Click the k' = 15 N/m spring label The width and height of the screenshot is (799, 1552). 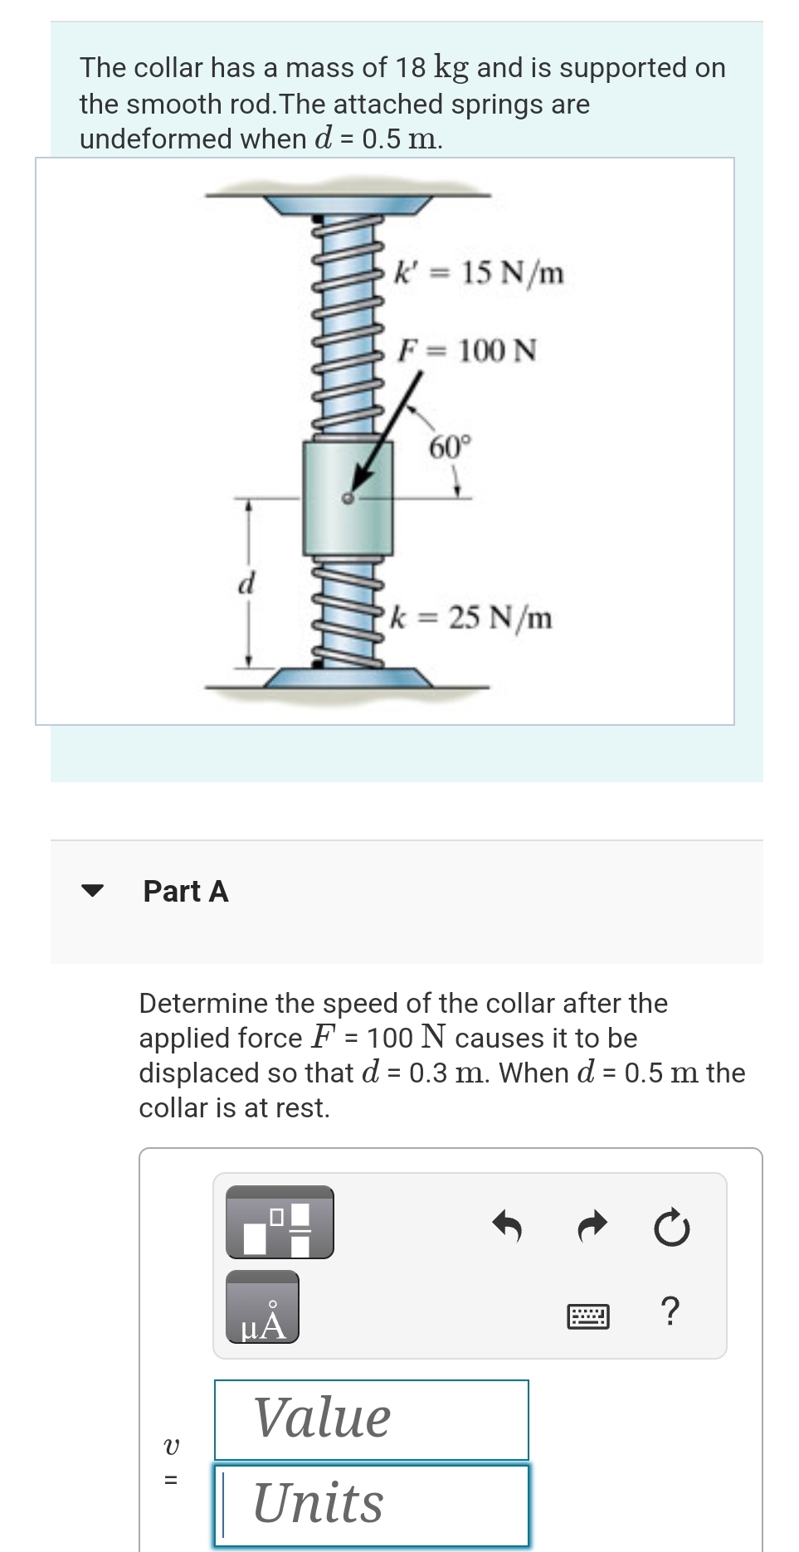480,271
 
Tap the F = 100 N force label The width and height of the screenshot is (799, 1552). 467,350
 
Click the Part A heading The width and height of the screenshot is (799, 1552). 186,891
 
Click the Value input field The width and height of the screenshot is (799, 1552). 371,1418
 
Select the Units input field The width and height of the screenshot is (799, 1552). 371,1503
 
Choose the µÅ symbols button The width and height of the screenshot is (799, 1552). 262,1308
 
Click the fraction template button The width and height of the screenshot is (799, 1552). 280,1222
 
